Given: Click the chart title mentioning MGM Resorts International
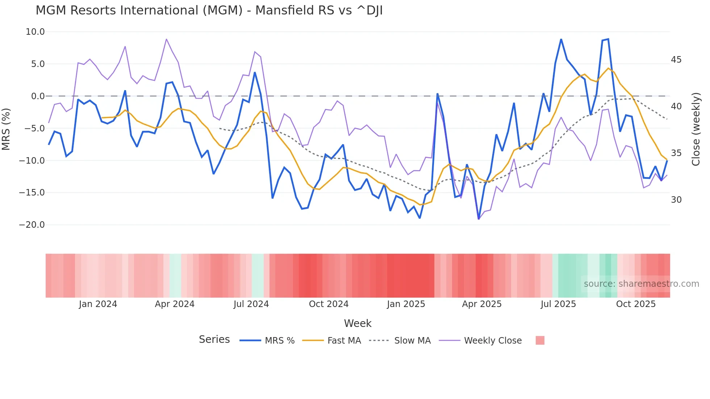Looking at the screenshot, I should click(209, 10).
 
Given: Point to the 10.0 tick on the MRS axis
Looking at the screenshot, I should click(35, 32).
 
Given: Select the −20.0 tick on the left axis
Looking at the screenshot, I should click(32, 225).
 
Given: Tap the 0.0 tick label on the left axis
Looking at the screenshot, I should click(38, 96).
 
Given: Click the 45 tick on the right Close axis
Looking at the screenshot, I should click(676, 60).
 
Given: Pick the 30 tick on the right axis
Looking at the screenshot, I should click(676, 200).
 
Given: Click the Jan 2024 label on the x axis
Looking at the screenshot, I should click(98, 304).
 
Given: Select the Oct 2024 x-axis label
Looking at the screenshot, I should click(329, 304).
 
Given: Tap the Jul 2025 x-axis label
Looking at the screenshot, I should click(558, 304).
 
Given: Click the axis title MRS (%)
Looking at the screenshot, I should click(6, 129).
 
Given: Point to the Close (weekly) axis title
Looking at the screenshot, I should click(696, 129).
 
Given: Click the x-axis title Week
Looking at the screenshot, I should click(358, 323).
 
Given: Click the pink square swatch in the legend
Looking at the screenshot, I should click(540, 341).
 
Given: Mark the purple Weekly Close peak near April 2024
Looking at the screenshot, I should click(166, 39).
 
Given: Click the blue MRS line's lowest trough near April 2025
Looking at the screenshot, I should click(479, 219).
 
